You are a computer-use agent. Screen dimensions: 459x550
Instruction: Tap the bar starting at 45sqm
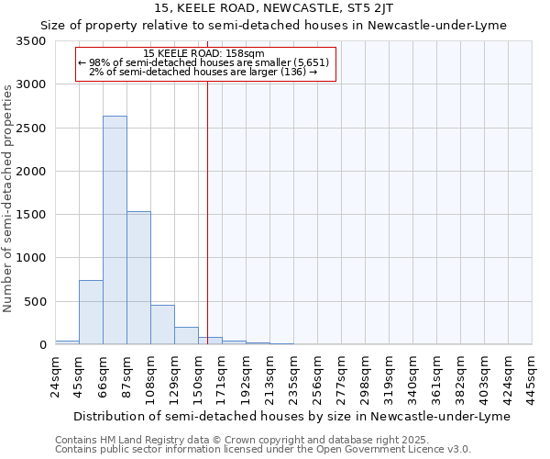[91, 312]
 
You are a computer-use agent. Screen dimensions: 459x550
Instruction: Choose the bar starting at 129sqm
[186, 335]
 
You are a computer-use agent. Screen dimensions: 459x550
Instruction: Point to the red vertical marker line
[208, 211]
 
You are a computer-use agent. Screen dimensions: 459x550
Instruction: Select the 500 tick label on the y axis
[38, 302]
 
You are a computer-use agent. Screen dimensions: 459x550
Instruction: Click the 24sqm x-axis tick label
[55, 374]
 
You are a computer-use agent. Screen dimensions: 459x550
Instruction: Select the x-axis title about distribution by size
[290, 416]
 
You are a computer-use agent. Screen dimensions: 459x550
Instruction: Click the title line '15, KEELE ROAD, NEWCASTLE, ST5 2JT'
[274, 8]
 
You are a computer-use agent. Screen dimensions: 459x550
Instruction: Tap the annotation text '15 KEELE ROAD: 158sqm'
[204, 54]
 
